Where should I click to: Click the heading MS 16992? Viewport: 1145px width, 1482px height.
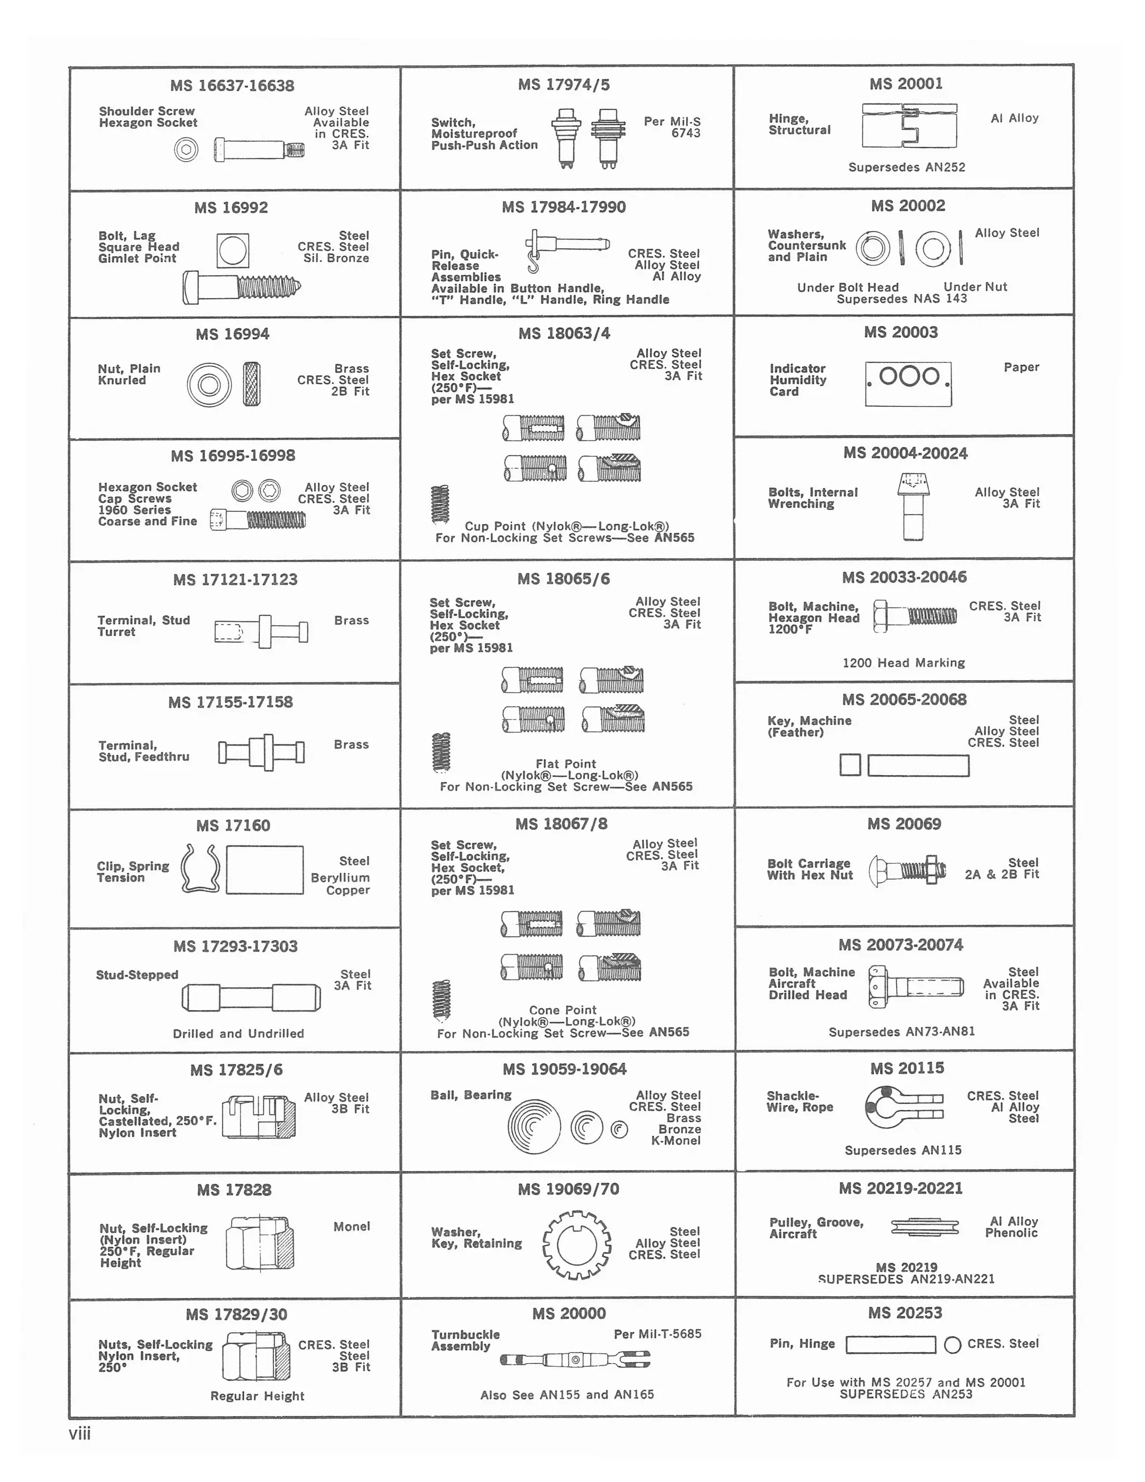pyautogui.click(x=231, y=207)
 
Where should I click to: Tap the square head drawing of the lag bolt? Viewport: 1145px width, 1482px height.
pyautogui.click(x=233, y=251)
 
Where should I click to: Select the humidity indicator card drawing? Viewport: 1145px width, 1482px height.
pyautogui.click(x=909, y=384)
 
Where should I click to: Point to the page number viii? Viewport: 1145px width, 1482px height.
pyautogui.click(x=79, y=1433)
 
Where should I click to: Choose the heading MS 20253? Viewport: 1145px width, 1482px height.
pyautogui.click(x=905, y=1313)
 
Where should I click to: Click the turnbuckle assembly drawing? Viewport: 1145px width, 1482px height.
pyautogui.click(x=575, y=1359)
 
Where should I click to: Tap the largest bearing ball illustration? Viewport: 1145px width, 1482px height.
pyautogui.click(x=534, y=1126)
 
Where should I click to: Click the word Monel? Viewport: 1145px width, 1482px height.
pyautogui.click(x=351, y=1226)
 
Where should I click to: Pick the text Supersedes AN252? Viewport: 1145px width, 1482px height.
pyautogui.click(x=906, y=167)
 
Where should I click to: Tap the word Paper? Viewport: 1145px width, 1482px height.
pyautogui.click(x=1021, y=367)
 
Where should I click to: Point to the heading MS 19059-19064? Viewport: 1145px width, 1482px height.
pyautogui.click(x=564, y=1069)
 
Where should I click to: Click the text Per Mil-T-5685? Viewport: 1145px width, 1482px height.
pyautogui.click(x=657, y=1333)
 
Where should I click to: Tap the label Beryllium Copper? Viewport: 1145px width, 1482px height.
pyautogui.click(x=340, y=884)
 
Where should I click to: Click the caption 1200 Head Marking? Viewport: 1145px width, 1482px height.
pyautogui.click(x=903, y=662)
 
